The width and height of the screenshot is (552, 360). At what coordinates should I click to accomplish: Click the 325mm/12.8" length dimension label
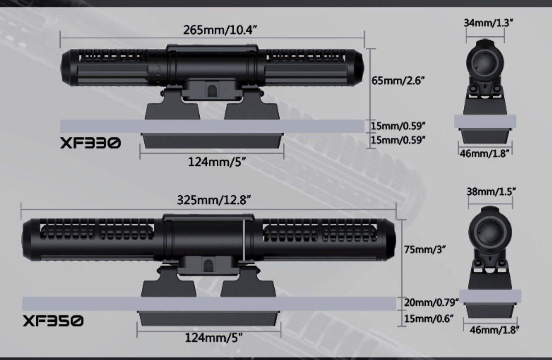click(x=214, y=200)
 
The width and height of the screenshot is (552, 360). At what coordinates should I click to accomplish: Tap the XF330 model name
click(x=90, y=144)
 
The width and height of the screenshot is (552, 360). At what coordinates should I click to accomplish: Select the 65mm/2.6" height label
click(x=398, y=81)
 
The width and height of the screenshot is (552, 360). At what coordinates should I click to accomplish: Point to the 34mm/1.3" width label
click(x=487, y=23)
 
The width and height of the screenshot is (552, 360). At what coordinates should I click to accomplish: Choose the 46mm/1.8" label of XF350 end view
click(x=491, y=329)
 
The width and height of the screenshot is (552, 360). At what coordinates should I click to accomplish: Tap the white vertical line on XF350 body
click(x=243, y=240)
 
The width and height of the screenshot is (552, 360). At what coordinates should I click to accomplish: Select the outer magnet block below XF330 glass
click(x=212, y=140)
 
